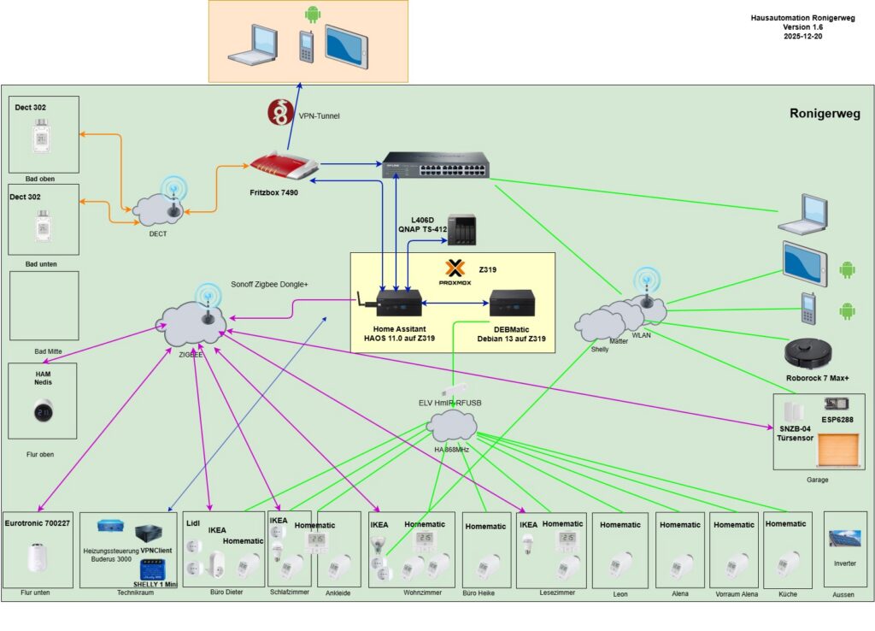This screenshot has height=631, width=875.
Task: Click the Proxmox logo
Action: click(456, 268)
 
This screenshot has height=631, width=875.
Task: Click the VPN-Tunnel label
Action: click(319, 115)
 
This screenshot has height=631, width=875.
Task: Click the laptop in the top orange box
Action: click(253, 43)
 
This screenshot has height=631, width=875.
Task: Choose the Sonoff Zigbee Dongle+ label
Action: click(270, 285)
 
